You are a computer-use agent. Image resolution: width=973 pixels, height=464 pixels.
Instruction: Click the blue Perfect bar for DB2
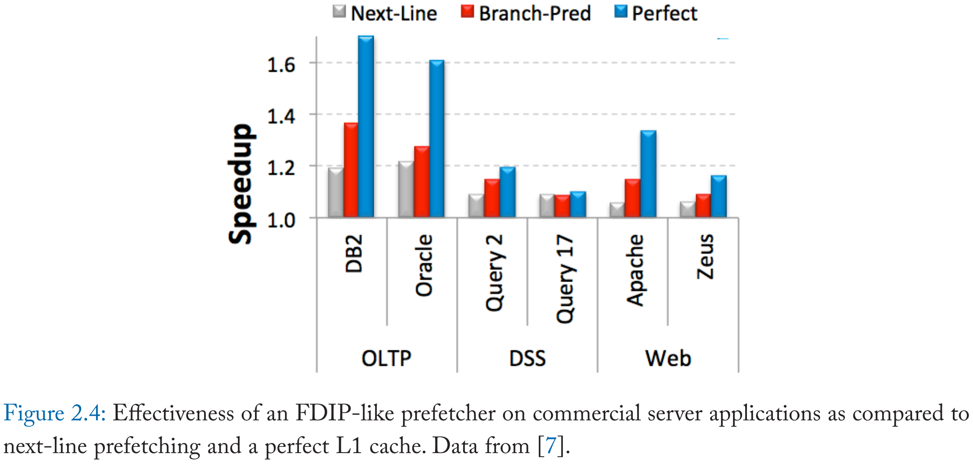coord(366,127)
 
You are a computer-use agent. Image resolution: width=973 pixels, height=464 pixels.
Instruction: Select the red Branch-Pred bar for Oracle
coord(421,182)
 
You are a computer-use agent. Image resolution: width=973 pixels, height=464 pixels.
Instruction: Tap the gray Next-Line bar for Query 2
coord(476,206)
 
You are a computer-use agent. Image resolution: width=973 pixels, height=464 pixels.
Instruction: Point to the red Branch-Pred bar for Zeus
coord(703,206)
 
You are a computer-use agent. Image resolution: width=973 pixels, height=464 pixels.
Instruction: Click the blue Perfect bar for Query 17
coord(578,205)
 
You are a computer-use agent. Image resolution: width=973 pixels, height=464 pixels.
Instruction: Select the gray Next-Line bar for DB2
coord(336,193)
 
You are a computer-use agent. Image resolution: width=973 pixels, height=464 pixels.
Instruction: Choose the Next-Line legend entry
coord(385,13)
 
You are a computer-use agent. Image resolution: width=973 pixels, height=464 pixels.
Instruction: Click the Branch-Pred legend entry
coord(526,13)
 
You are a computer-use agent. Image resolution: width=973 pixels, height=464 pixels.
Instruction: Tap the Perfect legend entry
coord(656,13)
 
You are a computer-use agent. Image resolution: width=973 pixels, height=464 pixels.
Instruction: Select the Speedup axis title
coord(241,184)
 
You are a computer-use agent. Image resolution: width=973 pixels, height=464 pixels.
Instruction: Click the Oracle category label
coord(424,265)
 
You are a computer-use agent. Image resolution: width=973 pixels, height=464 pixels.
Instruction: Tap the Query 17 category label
coord(565,279)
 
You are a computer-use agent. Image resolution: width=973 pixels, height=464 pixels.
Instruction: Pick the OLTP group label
coord(386,358)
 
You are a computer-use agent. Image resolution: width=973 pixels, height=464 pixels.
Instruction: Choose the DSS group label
coord(527,358)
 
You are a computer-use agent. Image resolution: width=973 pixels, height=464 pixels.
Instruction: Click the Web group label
coord(668,358)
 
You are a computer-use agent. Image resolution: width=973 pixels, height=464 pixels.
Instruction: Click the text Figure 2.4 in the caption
coord(54,414)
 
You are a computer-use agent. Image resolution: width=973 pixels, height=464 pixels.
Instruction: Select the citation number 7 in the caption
coord(551,446)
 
